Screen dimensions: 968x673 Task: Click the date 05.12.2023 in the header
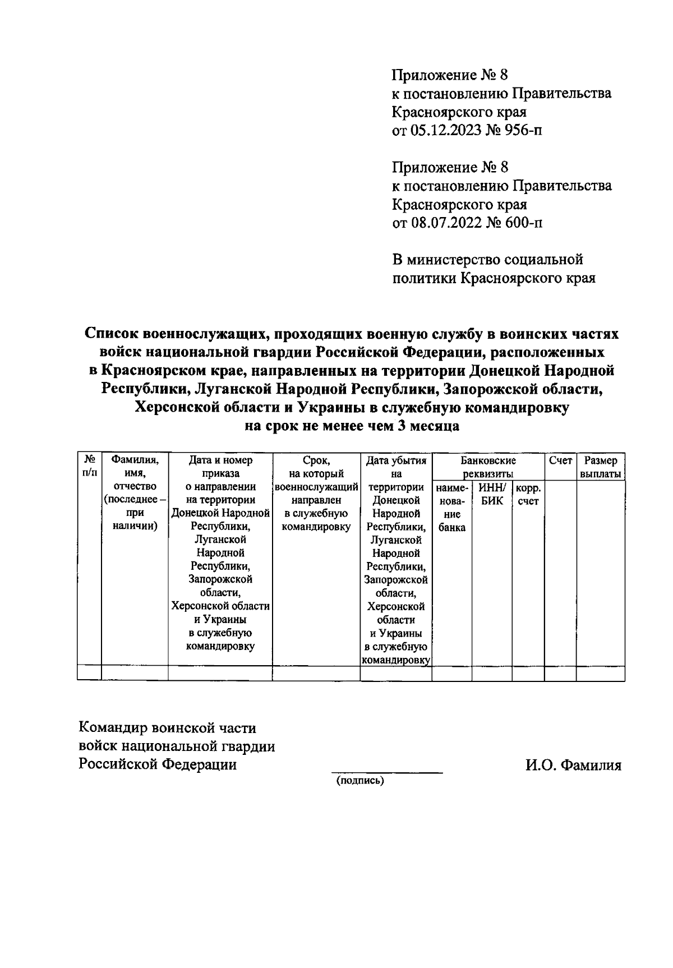point(443,131)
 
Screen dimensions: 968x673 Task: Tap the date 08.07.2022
point(443,223)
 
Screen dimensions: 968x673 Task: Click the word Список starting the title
point(112,334)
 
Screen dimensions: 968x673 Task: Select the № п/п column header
point(89,467)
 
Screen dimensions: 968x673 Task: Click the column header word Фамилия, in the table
point(135,460)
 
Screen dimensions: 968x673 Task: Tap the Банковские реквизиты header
point(488,467)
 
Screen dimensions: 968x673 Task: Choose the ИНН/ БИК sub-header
point(492,494)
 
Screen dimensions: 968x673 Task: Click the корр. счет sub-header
point(528,494)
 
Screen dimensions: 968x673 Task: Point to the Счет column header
point(560,460)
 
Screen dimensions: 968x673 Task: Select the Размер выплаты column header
point(601,467)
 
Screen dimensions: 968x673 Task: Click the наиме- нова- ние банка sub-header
point(451,508)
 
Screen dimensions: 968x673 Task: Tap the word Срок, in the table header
point(316,460)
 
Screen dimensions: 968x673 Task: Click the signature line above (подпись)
point(386,773)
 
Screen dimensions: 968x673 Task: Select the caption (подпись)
point(359,781)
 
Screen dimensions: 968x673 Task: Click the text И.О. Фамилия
point(573,765)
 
